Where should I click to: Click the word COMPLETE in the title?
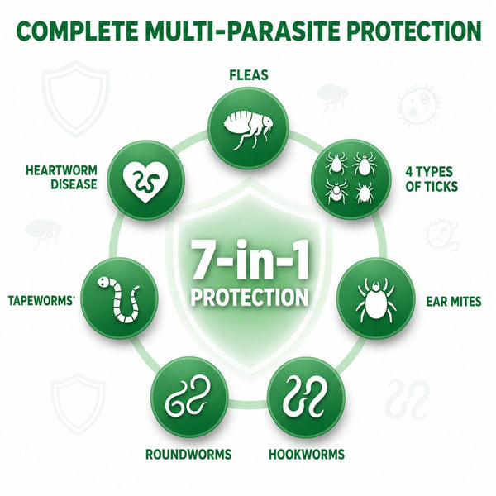[x=77, y=31]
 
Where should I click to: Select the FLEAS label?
[x=249, y=75]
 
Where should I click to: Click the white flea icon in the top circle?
[x=248, y=128]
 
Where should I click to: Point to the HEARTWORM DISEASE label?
[x=61, y=177]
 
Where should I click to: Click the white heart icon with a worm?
[x=145, y=183]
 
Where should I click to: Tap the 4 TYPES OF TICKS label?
[x=432, y=179]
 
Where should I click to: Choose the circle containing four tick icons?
[x=351, y=179]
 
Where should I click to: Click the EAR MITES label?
[x=454, y=302]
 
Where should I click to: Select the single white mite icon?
[x=376, y=300]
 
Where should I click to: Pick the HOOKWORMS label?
[x=307, y=455]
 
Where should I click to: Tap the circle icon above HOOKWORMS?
[x=305, y=398]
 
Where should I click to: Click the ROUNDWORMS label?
[x=188, y=455]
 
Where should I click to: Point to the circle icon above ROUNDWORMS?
[x=189, y=398]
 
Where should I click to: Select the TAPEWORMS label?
[x=41, y=301]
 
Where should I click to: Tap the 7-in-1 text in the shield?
[x=249, y=260]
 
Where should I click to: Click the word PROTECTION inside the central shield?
[x=250, y=297]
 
